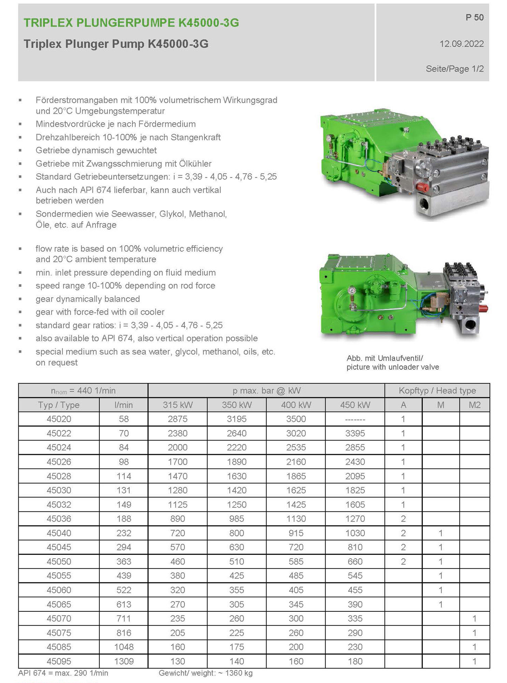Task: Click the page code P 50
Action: (474, 17)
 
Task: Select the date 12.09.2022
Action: (461, 44)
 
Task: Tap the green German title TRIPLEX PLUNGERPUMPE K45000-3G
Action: (131, 23)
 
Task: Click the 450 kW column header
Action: (355, 405)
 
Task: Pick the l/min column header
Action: (124, 405)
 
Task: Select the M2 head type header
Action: (474, 405)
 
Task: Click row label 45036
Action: (59, 519)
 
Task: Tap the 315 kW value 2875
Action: (177, 419)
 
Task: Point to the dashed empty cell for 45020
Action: (355, 419)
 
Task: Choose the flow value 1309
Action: (124, 661)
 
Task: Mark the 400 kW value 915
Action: (296, 533)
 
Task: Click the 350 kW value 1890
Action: (236, 462)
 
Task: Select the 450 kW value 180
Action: (355, 661)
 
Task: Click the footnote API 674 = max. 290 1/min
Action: (63, 673)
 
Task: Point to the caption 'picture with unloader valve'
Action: (392, 367)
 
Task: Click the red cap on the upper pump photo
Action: (422, 187)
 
